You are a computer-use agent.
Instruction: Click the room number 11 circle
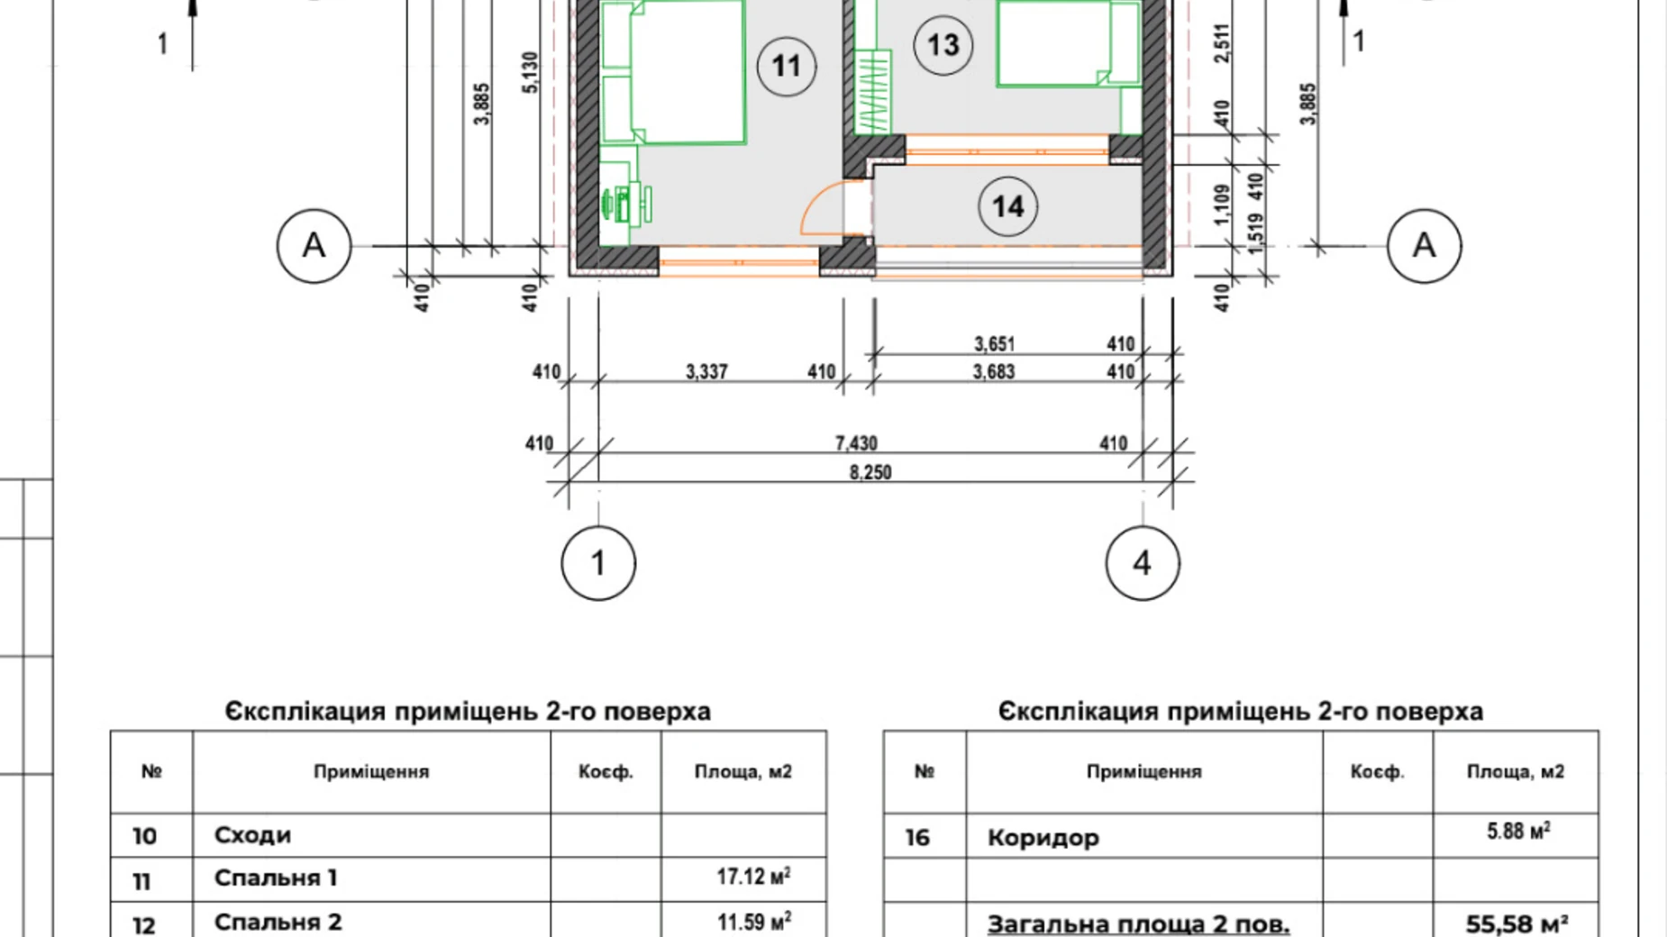coord(786,66)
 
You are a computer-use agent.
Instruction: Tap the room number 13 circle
coord(943,44)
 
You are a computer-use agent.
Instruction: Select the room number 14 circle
coord(1007,206)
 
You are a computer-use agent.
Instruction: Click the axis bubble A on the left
coord(313,245)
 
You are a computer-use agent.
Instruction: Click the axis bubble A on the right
coord(1423,245)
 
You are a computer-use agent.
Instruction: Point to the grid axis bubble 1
coord(598,563)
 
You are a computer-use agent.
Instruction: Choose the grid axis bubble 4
coord(1142,563)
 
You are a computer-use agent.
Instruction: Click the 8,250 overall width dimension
coord(870,472)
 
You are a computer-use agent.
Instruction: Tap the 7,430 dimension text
coord(856,443)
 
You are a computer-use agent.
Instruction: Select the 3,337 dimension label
coord(706,371)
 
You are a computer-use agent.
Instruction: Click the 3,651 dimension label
coord(994,344)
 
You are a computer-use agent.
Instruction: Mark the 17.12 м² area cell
coord(753,876)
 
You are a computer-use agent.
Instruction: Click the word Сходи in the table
coord(252,835)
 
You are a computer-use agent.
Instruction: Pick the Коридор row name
coord(1043,838)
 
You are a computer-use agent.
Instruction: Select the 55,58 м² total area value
coord(1516,923)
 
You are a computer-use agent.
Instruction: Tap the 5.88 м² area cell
coord(1517,831)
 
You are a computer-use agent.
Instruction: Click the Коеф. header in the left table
coord(606,772)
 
